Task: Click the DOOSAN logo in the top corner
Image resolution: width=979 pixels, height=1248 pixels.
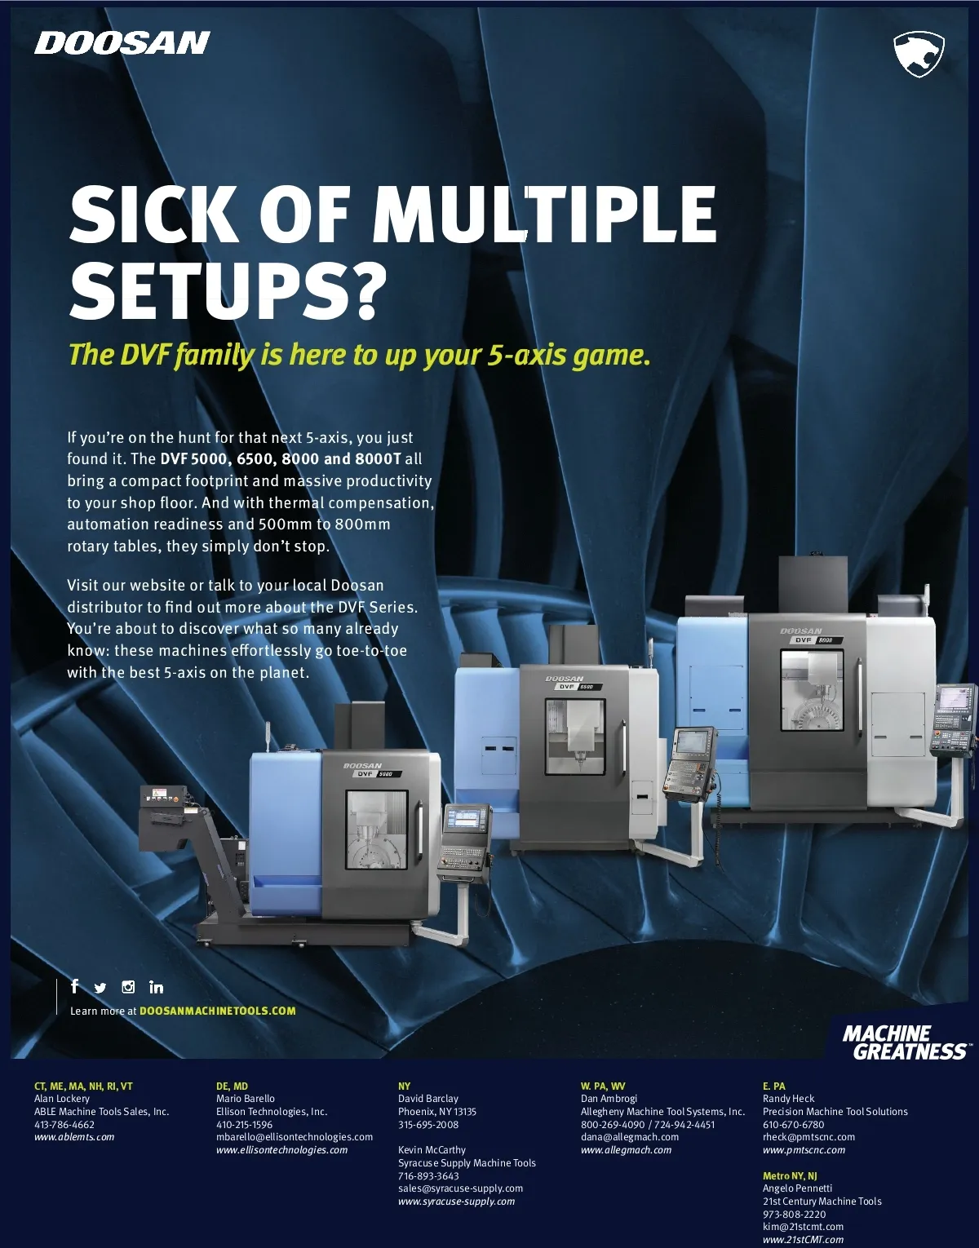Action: click(x=122, y=43)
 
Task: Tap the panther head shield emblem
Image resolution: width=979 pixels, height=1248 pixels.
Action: click(x=919, y=54)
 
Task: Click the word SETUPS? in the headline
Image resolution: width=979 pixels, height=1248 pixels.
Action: click(x=228, y=290)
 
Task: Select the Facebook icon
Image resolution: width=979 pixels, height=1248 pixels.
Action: click(x=74, y=986)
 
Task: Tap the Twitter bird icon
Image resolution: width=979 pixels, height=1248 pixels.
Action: click(x=100, y=988)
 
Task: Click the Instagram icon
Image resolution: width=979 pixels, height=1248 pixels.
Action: click(x=128, y=987)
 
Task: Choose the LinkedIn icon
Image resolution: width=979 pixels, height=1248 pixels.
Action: click(x=156, y=987)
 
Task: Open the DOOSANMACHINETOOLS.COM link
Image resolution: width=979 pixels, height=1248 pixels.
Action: click(x=218, y=1011)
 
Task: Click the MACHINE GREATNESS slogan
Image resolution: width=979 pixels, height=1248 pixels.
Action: click(x=905, y=1042)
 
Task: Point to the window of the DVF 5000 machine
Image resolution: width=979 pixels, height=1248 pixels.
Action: click(x=377, y=830)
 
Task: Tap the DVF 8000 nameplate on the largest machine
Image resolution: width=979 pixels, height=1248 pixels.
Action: click(x=815, y=639)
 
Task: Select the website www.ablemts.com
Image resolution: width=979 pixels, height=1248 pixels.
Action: click(x=74, y=1137)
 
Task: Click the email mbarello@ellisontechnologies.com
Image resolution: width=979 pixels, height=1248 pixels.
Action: click(x=295, y=1137)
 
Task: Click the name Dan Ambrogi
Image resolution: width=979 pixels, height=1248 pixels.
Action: click(x=609, y=1099)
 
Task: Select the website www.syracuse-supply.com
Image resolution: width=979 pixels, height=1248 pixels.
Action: click(x=457, y=1202)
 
